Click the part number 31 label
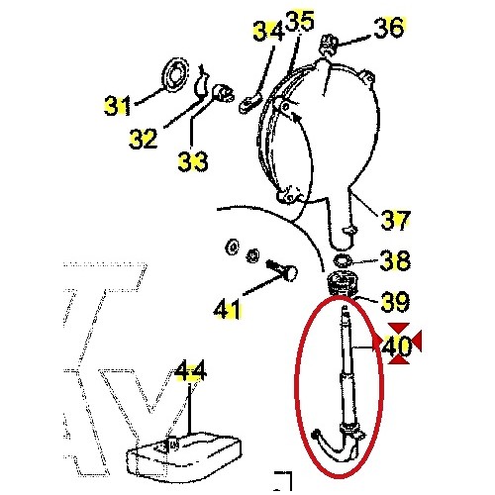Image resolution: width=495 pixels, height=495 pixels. coord(118,104)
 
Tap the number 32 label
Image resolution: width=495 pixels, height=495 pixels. coord(144,138)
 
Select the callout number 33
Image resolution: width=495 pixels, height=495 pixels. coord(193,158)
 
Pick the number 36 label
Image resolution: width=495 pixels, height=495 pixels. coord(388,28)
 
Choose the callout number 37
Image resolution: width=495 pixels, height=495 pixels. coord(396,220)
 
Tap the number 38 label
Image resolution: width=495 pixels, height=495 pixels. coord(395,261)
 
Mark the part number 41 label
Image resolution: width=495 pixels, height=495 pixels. coord(227,310)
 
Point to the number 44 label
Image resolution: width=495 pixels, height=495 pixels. coord(190,372)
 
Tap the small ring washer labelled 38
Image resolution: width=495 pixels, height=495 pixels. coord(342,261)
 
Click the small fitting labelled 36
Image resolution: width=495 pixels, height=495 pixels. coord(333,44)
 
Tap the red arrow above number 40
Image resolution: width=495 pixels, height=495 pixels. coord(398,328)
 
